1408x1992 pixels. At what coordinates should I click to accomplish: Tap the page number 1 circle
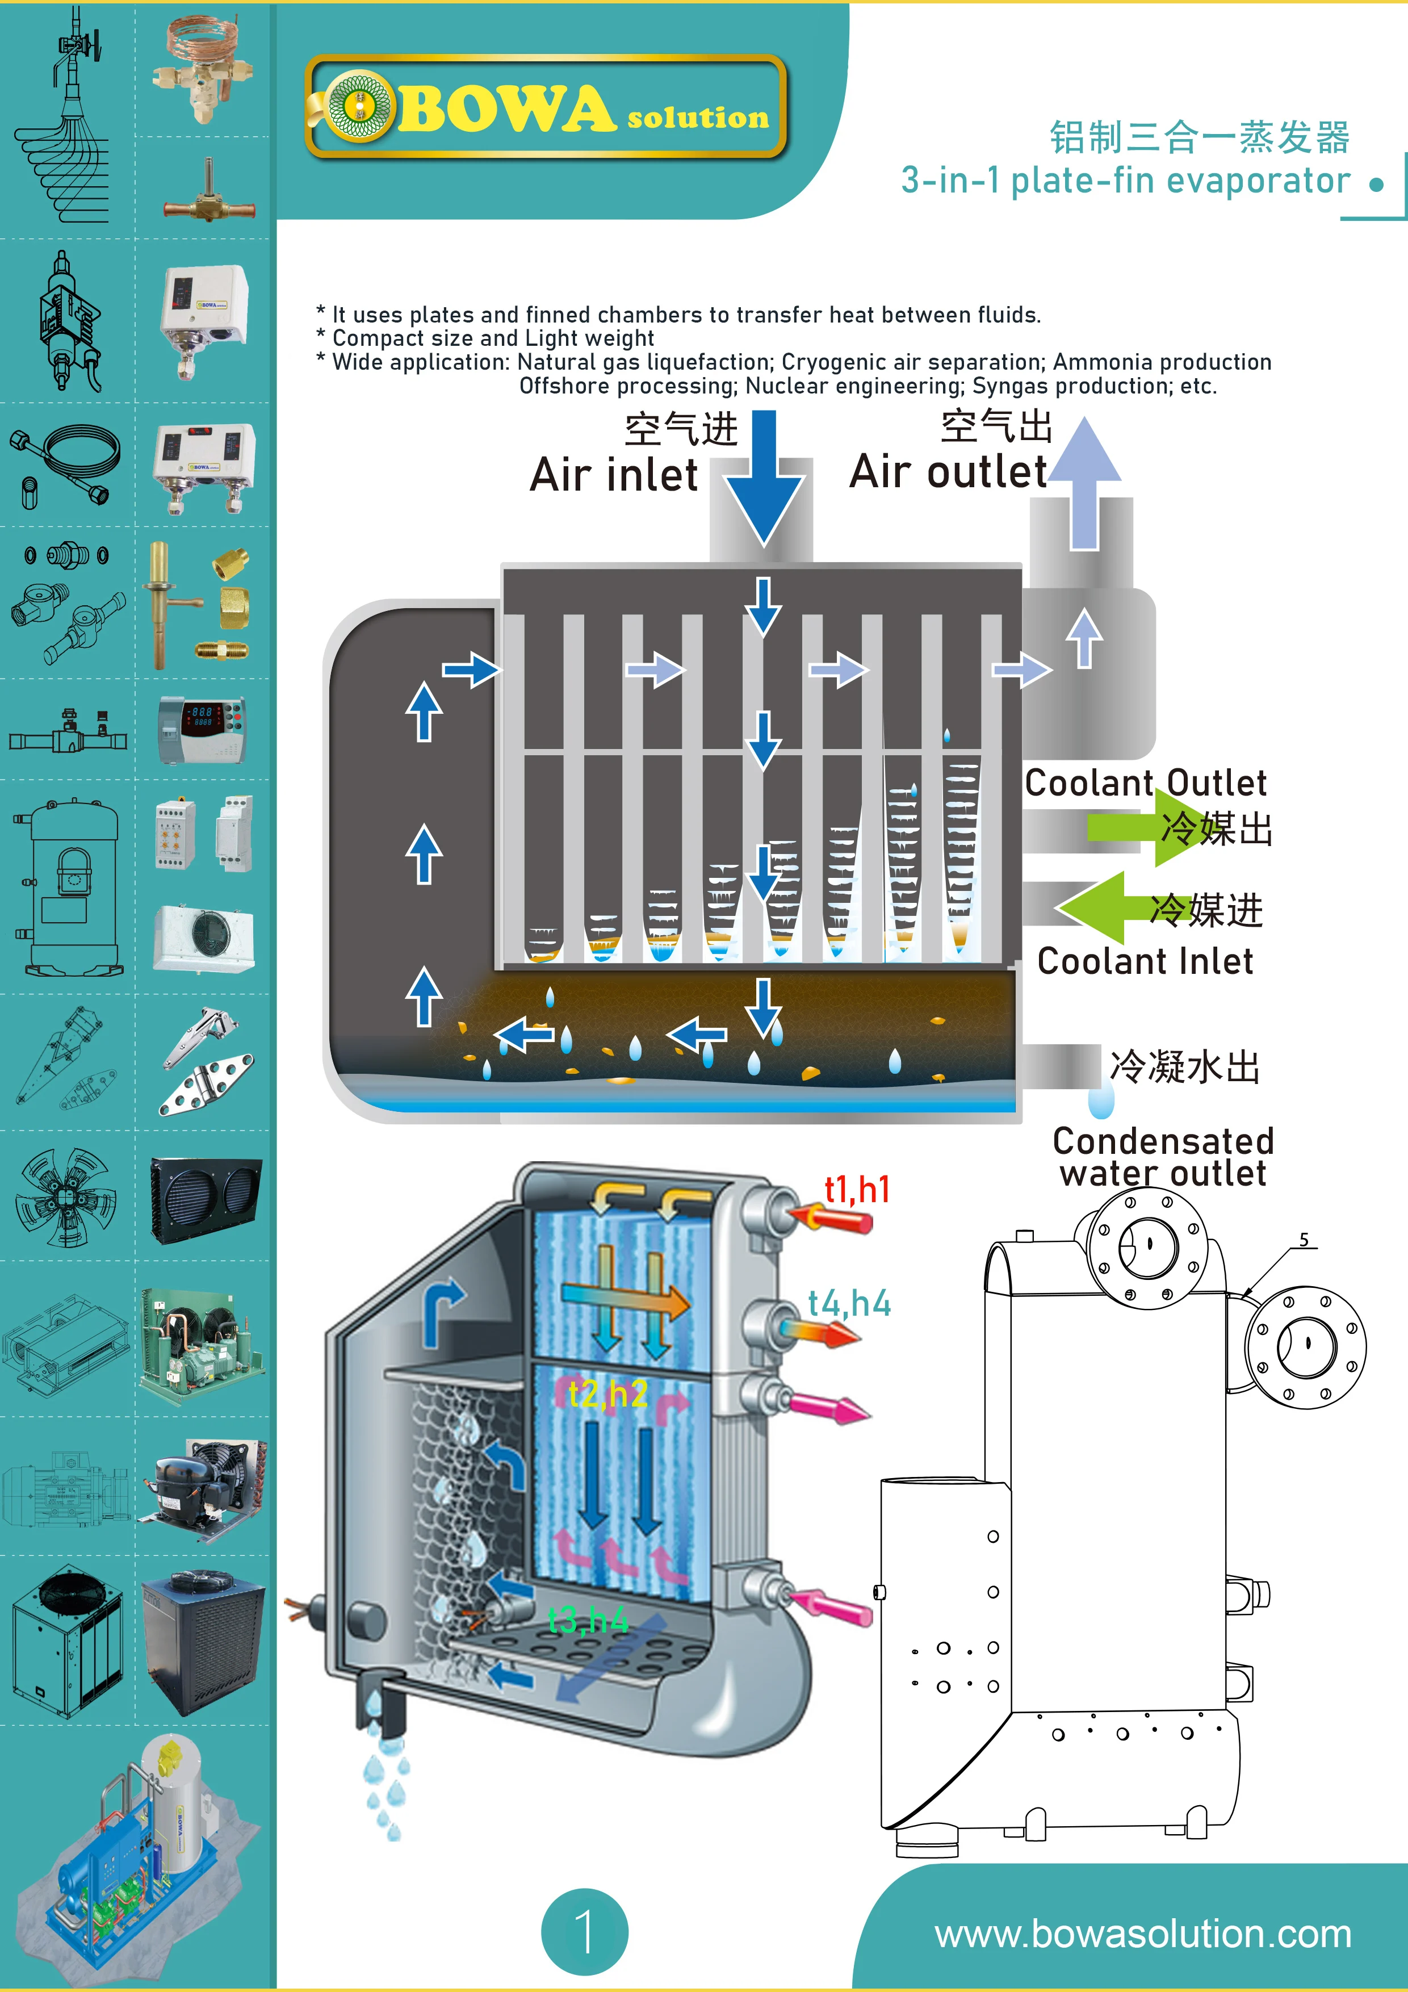click(x=585, y=1931)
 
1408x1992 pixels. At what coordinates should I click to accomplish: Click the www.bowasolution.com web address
click(x=1142, y=1934)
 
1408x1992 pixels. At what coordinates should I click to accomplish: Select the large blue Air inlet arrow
click(x=764, y=477)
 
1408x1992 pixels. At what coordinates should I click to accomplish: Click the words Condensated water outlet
click(x=1163, y=1157)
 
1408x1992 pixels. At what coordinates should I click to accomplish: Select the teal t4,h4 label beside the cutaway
click(x=849, y=1303)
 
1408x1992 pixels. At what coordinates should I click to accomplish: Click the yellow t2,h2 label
click(x=608, y=1394)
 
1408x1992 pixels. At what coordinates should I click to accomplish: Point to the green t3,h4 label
click(x=588, y=1620)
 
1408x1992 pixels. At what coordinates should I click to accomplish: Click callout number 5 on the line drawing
click(x=1304, y=1240)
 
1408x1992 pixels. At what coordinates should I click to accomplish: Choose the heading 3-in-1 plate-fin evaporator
click(x=1125, y=181)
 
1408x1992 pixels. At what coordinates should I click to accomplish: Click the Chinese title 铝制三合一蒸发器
click(x=1200, y=137)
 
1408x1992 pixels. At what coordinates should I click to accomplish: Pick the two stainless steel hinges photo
click(x=206, y=1062)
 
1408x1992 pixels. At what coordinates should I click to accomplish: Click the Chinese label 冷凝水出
click(x=1184, y=1066)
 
